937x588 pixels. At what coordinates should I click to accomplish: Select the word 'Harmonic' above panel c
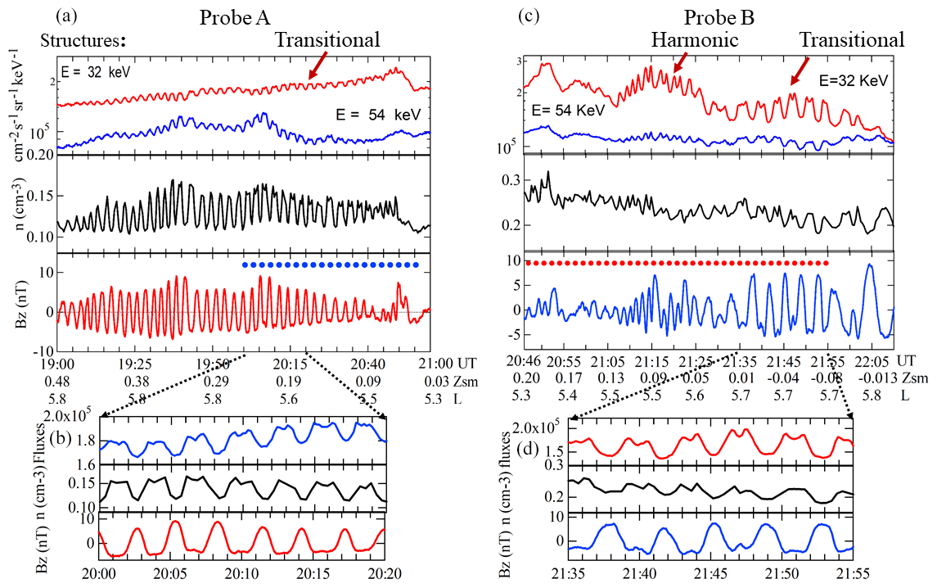click(695, 39)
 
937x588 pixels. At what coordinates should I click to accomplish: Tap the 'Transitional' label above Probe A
click(327, 39)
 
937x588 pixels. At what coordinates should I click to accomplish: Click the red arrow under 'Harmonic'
click(679, 59)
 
